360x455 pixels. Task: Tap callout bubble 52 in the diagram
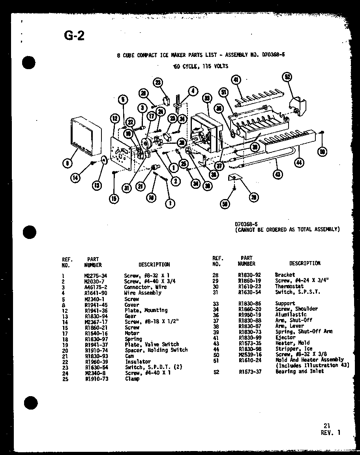pyautogui.click(x=288, y=77)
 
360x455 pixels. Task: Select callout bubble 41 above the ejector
pyautogui.click(x=236, y=80)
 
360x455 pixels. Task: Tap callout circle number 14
pyautogui.click(x=75, y=178)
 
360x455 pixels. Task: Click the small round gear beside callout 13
pyautogui.click(x=104, y=160)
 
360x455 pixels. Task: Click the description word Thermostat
pyautogui.click(x=289, y=286)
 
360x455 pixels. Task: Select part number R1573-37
pyautogui.click(x=249, y=371)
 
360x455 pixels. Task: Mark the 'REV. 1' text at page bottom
pyautogui.click(x=330, y=432)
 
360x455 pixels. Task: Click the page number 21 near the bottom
pyautogui.click(x=326, y=425)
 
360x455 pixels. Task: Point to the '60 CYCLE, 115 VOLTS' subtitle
pyautogui.click(x=200, y=66)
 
